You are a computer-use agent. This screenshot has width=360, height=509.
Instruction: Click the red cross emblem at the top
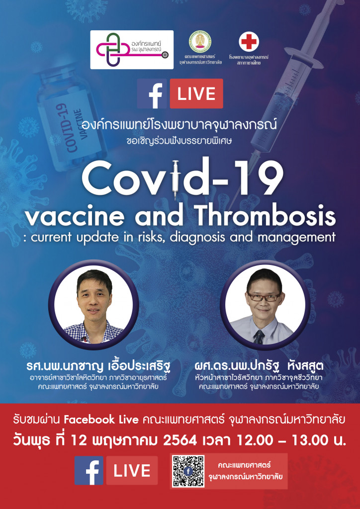[249, 42]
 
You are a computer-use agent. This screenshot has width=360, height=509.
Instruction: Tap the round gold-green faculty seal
[200, 42]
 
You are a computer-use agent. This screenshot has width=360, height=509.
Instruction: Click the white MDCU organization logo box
[132, 50]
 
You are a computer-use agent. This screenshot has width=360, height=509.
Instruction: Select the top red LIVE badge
[196, 93]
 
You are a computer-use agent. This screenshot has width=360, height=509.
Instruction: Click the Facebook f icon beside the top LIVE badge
[152, 93]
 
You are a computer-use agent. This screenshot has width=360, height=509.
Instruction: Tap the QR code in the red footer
[188, 471]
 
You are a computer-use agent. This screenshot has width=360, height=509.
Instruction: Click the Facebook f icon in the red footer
[89, 470]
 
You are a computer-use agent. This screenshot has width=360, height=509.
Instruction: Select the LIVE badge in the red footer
[132, 470]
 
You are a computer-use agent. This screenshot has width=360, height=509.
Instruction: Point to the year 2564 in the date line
[180, 440]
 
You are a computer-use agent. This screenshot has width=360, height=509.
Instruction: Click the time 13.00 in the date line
[310, 440]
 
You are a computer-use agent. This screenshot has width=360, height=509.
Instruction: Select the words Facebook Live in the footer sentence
[101, 420]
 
